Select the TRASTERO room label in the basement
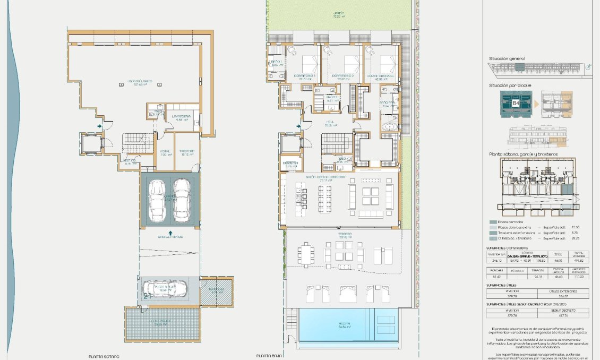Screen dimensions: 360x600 pos(186,152)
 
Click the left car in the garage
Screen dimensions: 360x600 pos(158,200)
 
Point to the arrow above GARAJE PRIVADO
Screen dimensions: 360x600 pos(170,232)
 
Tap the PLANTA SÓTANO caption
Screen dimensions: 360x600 pos(104,357)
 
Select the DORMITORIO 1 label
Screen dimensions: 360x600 pos(305,76)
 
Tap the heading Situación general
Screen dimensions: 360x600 pos(507,58)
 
